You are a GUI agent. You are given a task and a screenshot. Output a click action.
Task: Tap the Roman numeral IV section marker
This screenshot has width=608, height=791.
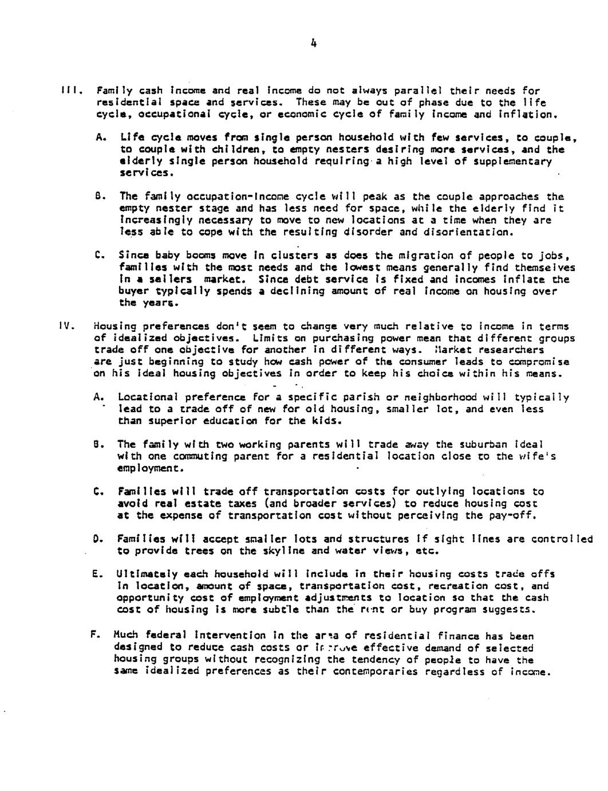[64, 326]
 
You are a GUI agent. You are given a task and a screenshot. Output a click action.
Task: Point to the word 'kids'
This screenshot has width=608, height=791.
[327, 421]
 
